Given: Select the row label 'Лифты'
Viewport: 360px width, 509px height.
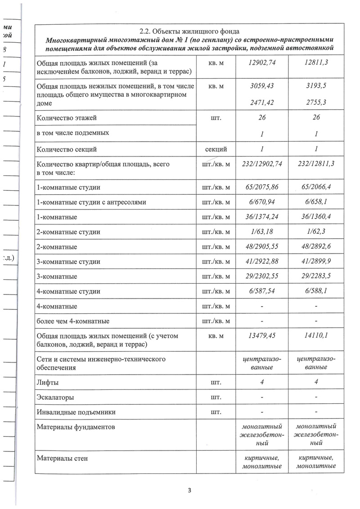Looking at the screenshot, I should (x=48, y=382).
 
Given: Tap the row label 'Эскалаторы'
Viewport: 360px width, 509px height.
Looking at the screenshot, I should (x=56, y=397).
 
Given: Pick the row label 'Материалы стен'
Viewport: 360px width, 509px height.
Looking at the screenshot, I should (x=62, y=458).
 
